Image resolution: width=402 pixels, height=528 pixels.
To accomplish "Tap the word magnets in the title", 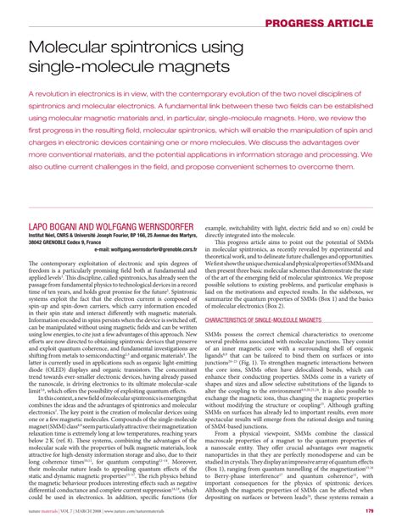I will tap(196, 64).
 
